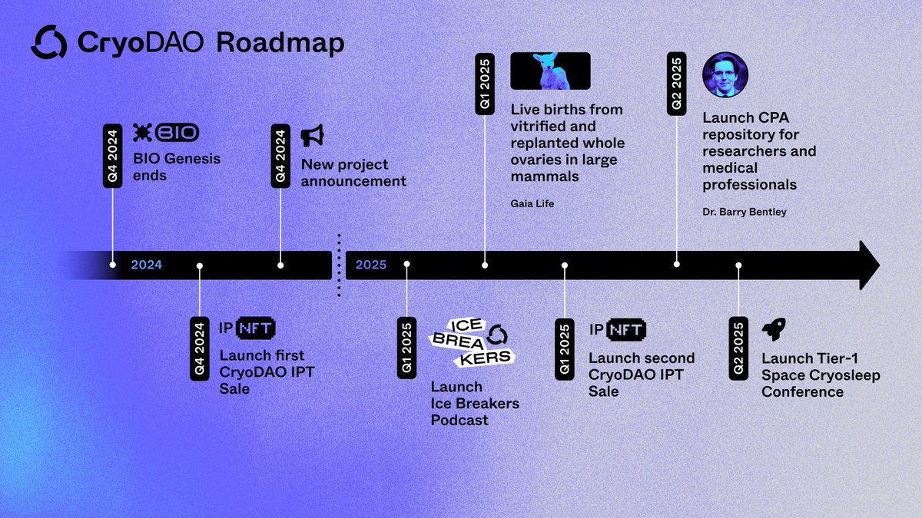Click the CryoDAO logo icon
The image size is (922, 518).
pos(49,42)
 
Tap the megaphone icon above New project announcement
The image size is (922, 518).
pos(312,136)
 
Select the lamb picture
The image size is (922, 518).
pos(550,71)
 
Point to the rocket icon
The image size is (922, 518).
pos(773,331)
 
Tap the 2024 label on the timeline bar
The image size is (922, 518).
pos(146,266)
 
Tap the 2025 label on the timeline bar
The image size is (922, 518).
pos(371,266)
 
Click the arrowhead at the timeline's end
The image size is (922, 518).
pos(868,266)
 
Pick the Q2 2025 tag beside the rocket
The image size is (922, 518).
pos(738,348)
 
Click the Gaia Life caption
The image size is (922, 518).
pos(532,203)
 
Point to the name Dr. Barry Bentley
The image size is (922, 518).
pos(745,212)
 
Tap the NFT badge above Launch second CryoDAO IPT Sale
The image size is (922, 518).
pos(625,330)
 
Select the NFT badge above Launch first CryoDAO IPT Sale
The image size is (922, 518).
pos(256,328)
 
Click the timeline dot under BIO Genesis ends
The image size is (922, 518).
pos(113,265)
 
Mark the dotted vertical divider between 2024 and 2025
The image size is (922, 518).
pos(338,265)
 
